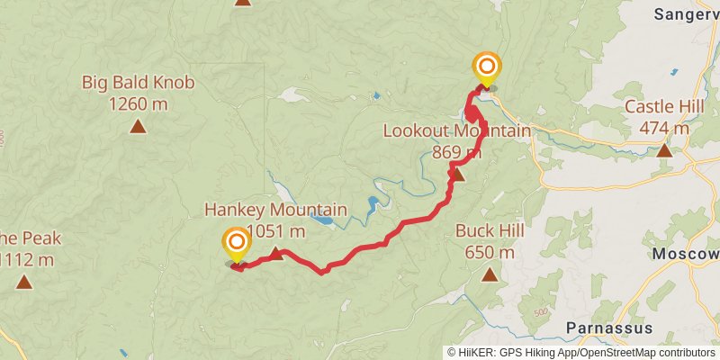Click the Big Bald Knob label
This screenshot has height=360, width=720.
coord(138,84)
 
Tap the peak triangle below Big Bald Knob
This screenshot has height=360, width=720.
coord(138,126)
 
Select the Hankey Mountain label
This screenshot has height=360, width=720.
coord(274,211)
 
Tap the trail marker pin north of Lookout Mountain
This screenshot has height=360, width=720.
coord(487,67)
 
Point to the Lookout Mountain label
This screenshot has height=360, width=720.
coord(457,131)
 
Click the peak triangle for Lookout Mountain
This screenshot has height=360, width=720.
coord(457,174)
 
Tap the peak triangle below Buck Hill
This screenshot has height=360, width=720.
coord(490,274)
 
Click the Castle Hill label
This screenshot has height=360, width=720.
coord(664,107)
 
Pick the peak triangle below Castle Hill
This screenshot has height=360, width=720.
coord(664,149)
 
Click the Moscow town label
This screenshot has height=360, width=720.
coord(686,254)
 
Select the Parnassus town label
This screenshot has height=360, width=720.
coord(609,327)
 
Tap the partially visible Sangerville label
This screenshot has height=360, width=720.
coord(687,13)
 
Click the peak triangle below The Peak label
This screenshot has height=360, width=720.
coord(23,282)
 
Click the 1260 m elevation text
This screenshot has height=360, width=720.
coord(138,103)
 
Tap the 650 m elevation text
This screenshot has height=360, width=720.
coord(490,252)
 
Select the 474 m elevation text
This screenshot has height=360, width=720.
coord(664,128)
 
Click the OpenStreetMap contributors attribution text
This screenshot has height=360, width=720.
coord(648,353)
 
